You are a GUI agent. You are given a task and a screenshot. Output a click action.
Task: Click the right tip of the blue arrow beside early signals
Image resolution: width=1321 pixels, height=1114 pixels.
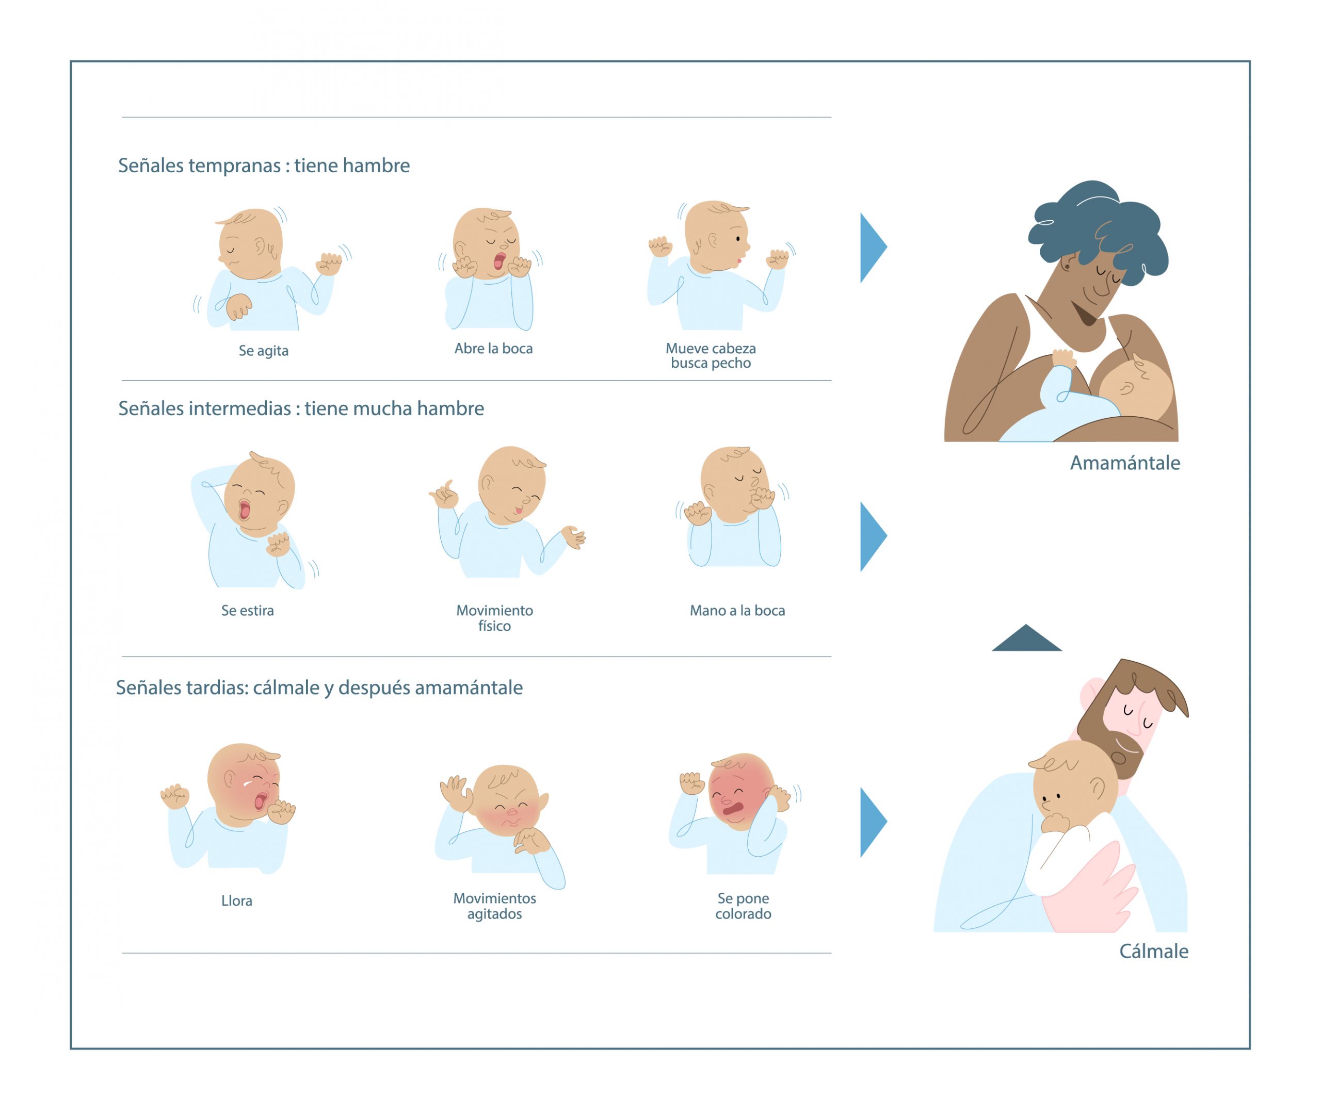[887, 248]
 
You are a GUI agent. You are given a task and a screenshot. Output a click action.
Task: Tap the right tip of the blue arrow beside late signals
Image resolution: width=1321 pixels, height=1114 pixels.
[887, 822]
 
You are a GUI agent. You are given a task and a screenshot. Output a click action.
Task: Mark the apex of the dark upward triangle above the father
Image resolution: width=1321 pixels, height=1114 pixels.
[1026, 624]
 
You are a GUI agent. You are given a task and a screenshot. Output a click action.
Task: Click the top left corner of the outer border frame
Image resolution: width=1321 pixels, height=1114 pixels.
[71, 62]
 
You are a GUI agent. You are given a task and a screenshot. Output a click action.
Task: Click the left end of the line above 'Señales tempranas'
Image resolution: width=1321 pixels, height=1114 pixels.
[122, 117]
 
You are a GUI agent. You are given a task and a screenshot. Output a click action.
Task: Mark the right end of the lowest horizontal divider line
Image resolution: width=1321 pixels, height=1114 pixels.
[831, 953]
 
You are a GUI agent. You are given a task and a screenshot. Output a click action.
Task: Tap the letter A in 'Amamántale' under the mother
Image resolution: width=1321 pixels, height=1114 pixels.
[1078, 464]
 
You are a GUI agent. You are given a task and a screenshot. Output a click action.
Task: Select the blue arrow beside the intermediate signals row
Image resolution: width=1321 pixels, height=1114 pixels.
[873, 536]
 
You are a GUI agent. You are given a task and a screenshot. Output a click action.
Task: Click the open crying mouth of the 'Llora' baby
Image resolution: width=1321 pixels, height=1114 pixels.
[260, 801]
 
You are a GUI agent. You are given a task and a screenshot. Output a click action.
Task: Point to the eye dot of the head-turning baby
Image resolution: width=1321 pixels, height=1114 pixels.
[738, 239]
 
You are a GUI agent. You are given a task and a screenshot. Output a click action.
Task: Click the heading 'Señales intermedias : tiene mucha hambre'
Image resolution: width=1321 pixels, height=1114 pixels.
[301, 408]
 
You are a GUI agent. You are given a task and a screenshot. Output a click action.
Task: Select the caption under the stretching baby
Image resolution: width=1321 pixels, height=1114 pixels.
[248, 611]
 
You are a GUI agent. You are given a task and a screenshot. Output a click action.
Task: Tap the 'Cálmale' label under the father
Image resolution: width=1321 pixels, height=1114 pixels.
[1154, 951]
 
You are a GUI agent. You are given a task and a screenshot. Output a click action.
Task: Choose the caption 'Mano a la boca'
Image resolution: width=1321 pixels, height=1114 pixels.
[737, 611]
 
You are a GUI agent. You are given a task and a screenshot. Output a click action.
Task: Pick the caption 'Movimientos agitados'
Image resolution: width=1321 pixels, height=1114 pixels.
[495, 906]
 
